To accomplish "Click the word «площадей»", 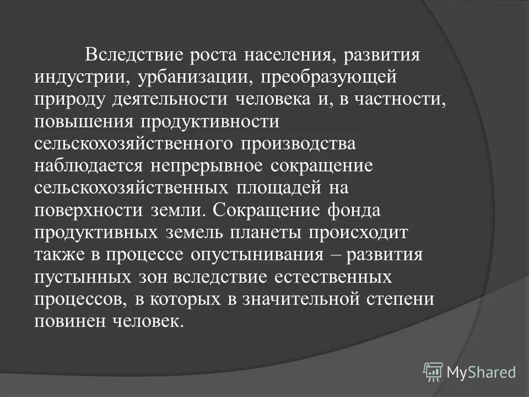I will coord(279,187).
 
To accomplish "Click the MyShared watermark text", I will coord(481,372).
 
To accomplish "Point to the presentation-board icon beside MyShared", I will coord(433,372).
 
